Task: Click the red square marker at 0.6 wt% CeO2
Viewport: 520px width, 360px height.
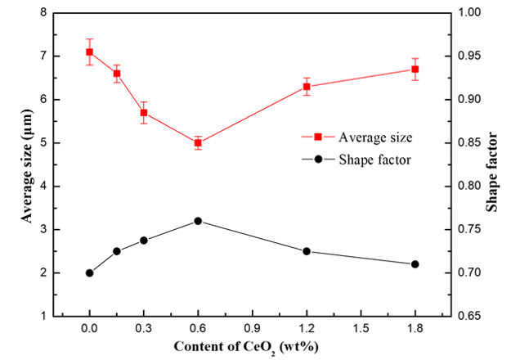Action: (x=198, y=143)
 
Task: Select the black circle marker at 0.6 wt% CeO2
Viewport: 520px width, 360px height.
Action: (x=198, y=221)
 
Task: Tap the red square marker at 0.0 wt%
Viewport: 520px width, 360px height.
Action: (x=89, y=52)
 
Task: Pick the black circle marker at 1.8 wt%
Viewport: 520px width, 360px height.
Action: (x=415, y=264)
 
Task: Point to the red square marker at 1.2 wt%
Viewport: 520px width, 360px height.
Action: (x=307, y=87)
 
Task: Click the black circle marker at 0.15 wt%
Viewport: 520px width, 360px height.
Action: (x=117, y=251)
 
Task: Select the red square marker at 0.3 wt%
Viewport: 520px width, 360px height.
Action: (x=144, y=113)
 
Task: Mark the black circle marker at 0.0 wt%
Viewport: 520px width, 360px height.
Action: (x=89, y=272)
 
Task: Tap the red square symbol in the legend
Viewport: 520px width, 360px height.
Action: (x=316, y=137)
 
